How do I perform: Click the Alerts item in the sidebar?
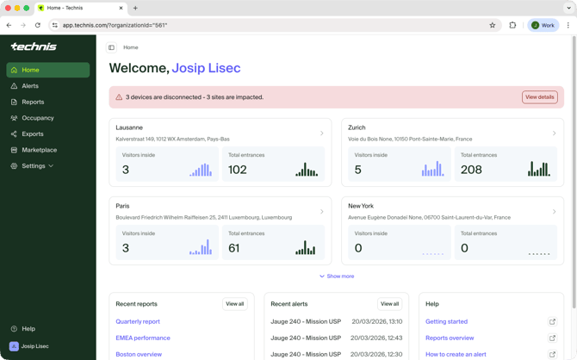click(30, 86)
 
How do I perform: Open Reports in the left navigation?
click(33, 102)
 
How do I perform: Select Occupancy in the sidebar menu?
click(38, 118)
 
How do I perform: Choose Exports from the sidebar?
click(33, 134)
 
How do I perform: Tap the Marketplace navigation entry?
click(39, 150)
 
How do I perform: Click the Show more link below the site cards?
click(337, 276)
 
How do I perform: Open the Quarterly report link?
click(138, 321)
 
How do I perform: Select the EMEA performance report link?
click(143, 338)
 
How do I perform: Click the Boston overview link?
click(139, 354)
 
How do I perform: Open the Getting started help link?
click(446, 321)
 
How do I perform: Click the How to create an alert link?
click(456, 354)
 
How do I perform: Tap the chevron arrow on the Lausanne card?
click(322, 133)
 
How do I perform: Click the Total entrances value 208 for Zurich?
click(471, 170)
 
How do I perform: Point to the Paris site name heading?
click(123, 206)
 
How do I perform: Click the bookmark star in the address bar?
click(493, 25)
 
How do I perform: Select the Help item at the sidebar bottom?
click(28, 329)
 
